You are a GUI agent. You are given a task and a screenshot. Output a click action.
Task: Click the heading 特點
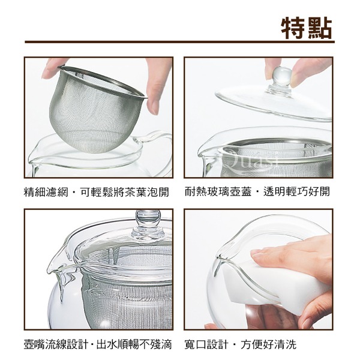(x=307, y=28)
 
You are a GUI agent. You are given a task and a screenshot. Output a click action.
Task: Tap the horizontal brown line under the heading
(x=179, y=42)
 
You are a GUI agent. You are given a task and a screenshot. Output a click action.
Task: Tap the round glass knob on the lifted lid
(x=282, y=77)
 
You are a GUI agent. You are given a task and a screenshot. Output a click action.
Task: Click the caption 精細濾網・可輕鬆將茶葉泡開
(x=97, y=192)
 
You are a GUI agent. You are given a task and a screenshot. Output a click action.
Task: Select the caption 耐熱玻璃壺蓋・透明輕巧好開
(x=257, y=191)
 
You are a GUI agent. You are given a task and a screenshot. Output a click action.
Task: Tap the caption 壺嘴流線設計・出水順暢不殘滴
(x=98, y=344)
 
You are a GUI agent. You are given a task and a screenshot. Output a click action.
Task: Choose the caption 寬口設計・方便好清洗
(x=241, y=344)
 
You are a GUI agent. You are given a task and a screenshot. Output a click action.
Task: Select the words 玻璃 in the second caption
(x=218, y=191)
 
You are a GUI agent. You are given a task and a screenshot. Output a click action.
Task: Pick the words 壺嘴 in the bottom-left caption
(x=35, y=344)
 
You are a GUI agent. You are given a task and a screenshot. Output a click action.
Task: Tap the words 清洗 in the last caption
(x=286, y=344)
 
